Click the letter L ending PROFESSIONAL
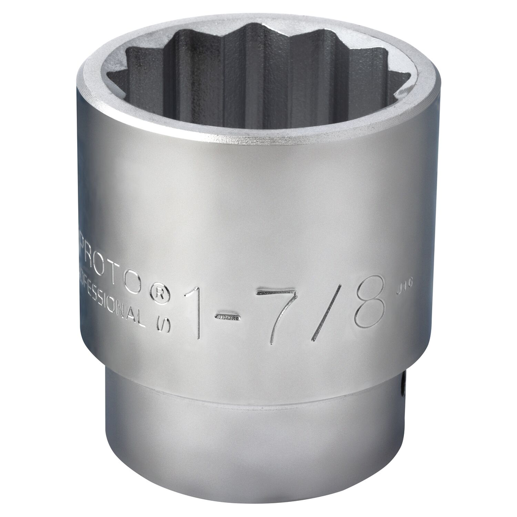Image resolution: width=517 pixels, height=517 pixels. point(142,318)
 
